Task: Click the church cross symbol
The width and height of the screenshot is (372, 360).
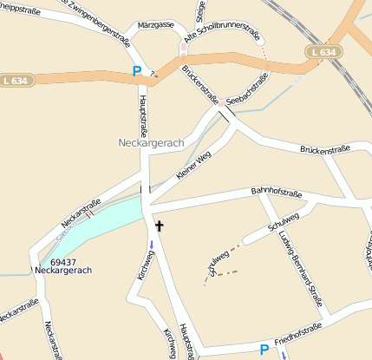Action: tap(159, 226)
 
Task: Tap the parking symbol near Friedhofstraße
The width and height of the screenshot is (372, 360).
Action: tap(264, 350)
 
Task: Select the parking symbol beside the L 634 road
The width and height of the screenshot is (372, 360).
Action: tap(136, 70)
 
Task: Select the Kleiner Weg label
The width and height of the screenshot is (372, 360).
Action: tap(193, 165)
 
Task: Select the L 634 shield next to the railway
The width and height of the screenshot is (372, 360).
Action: tap(321, 52)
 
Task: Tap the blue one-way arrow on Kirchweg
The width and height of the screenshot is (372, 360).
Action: tap(153, 245)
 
